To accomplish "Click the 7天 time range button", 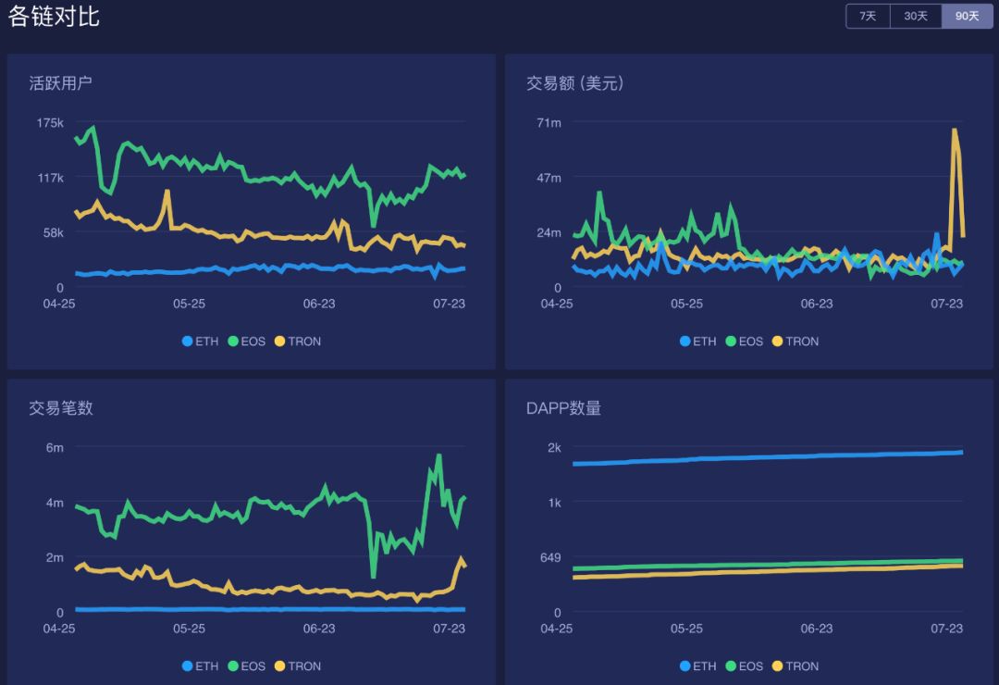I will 868,17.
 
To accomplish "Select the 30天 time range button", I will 916,17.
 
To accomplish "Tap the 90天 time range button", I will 967,17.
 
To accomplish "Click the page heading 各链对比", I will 54,16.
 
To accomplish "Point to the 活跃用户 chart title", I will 60,83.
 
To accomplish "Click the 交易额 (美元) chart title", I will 574,83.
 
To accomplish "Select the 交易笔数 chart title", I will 60,408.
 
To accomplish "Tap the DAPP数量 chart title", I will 563,408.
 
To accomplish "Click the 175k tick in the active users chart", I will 50,123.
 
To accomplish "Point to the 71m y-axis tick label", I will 549,123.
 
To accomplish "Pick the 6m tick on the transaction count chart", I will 55,448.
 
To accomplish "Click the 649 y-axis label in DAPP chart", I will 550,558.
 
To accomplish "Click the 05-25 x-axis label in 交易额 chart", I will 686,304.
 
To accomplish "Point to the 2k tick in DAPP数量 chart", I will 554,448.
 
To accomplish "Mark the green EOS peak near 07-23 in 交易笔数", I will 438,455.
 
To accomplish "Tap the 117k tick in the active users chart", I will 50,178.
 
